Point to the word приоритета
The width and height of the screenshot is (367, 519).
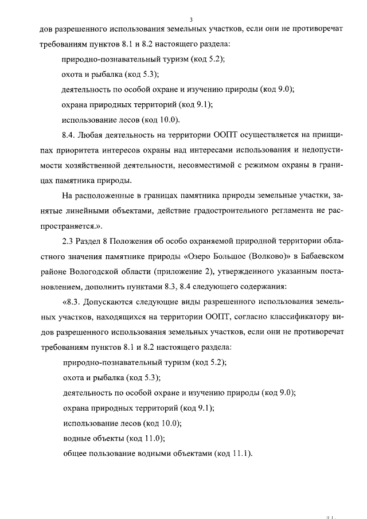(83, 150)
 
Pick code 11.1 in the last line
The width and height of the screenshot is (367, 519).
(239, 454)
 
